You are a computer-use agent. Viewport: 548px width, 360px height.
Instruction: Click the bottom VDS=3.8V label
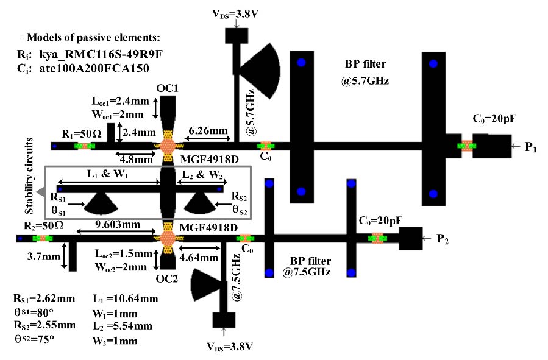[x=230, y=347]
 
